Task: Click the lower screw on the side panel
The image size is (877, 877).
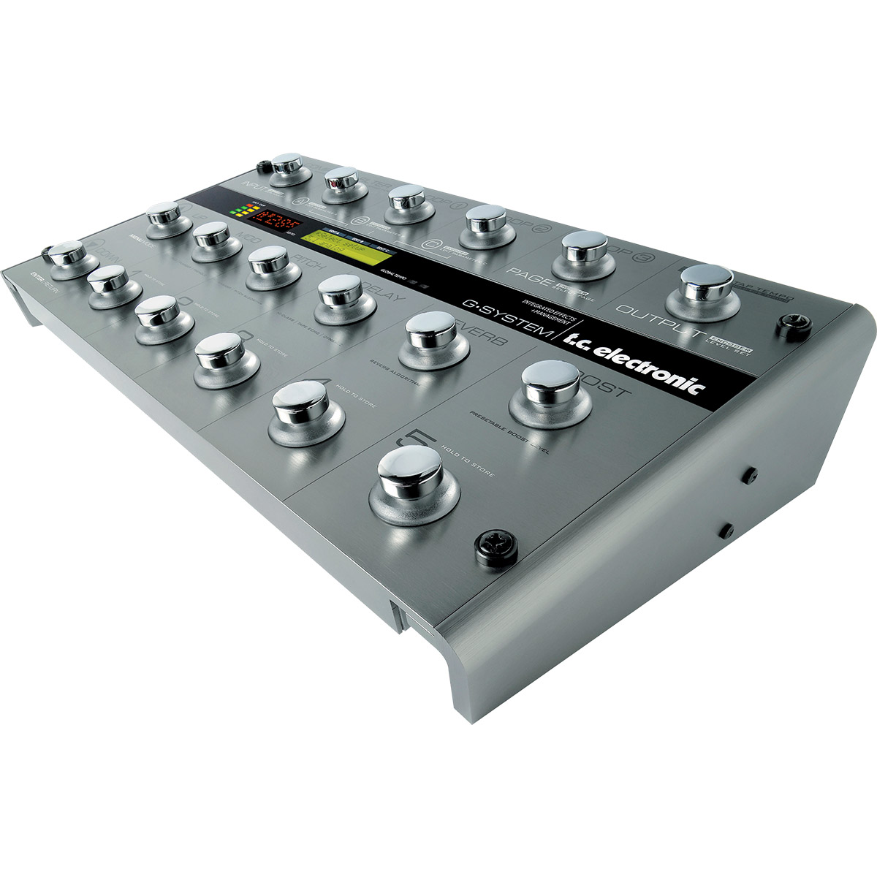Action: pyautogui.click(x=727, y=528)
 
